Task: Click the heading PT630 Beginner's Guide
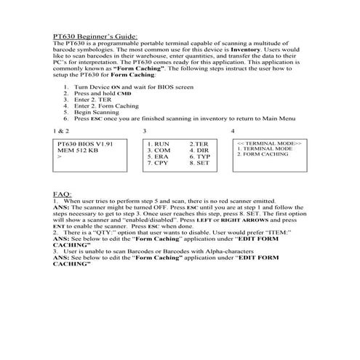pyautogui.click(x=95, y=34)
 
